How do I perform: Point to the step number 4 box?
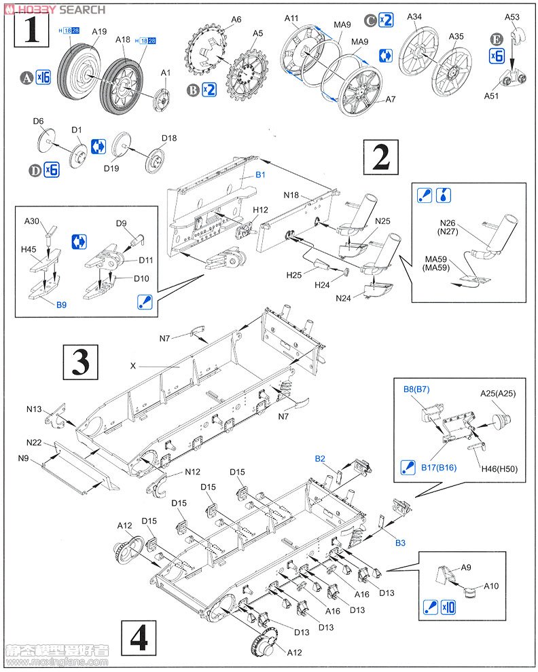(138, 638)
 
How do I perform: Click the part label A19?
(99, 31)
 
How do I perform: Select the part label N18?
(291, 195)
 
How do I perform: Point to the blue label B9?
(61, 305)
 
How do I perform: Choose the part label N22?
(35, 443)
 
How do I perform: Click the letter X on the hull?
(133, 365)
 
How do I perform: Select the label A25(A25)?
(497, 393)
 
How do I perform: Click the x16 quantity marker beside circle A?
(43, 77)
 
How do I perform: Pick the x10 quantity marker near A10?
(448, 606)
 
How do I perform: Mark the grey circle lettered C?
(370, 20)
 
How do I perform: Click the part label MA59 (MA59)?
(440, 263)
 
